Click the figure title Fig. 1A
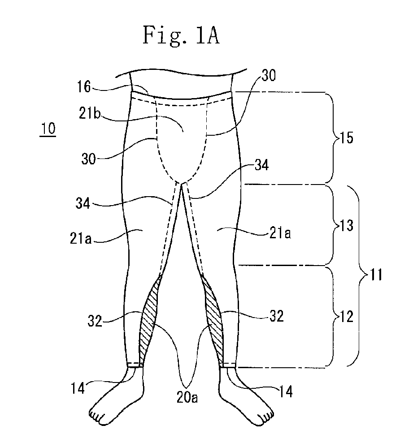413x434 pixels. click(x=181, y=36)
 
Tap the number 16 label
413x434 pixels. click(x=84, y=86)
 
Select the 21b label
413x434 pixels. click(x=90, y=113)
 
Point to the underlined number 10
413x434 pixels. click(x=48, y=129)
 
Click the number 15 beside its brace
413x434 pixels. click(x=347, y=138)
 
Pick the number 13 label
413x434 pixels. click(x=347, y=225)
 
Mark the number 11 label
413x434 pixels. click(x=376, y=275)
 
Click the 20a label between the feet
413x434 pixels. click(x=187, y=397)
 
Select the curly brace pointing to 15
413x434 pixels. click(x=334, y=138)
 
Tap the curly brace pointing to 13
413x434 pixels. click(x=334, y=225)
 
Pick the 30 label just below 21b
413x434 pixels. click(x=88, y=159)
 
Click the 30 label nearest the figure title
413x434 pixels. click(x=268, y=75)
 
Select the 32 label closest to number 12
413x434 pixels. click(x=276, y=316)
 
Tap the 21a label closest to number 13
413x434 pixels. click(x=280, y=233)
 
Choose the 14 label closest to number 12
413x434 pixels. click(x=286, y=391)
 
